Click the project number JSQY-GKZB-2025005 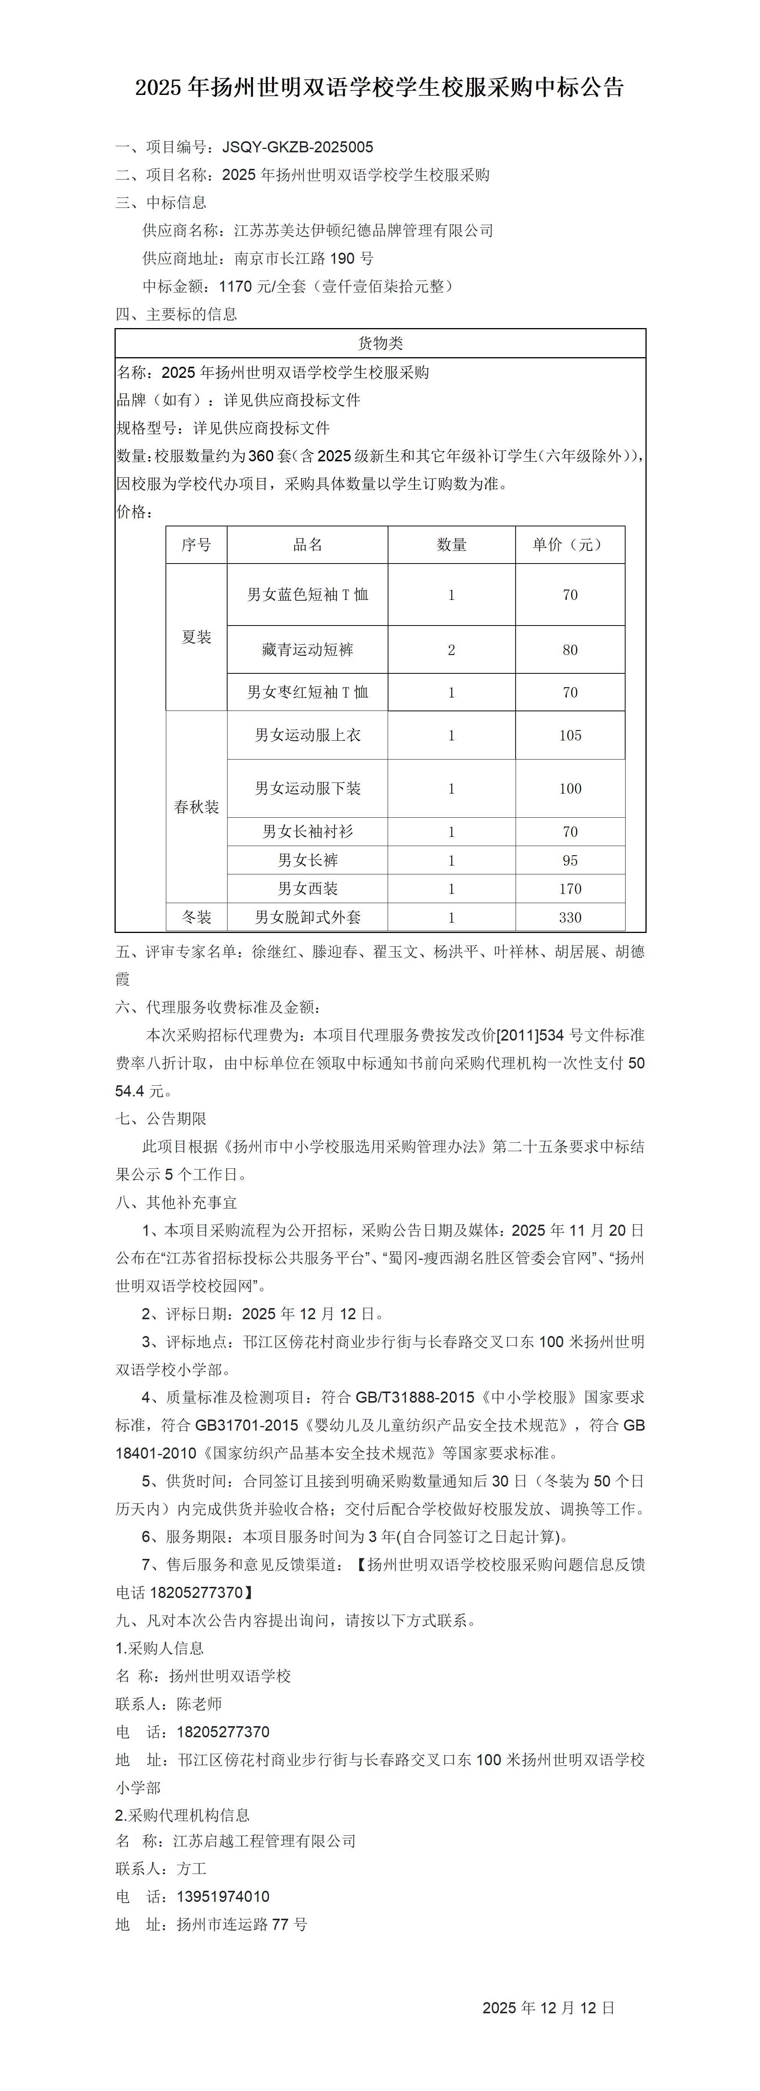tap(298, 147)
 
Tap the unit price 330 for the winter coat tap(570, 917)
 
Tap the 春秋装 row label tap(197, 807)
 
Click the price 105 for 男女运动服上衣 tap(570, 735)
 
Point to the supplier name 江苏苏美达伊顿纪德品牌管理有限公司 tap(364, 230)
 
